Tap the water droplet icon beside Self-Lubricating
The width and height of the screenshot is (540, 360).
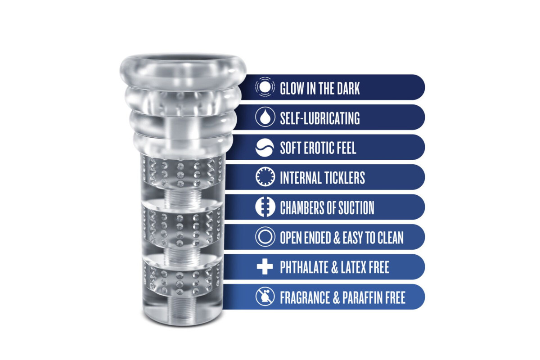[x=265, y=117]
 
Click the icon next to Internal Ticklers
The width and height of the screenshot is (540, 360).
[x=265, y=177]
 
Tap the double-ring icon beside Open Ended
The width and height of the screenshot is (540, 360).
[x=265, y=237]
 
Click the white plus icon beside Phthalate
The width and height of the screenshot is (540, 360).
[x=265, y=267]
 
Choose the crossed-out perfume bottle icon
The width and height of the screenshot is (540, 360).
[x=265, y=297]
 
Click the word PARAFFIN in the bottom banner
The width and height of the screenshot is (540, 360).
[x=362, y=297]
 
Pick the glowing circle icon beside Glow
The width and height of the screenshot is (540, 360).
[x=265, y=87]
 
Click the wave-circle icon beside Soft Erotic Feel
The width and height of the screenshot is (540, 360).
[x=265, y=148]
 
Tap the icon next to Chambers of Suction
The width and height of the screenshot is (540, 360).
[x=265, y=207]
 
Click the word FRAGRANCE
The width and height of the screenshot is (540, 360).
[x=305, y=297]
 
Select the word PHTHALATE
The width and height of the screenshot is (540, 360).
[x=304, y=267]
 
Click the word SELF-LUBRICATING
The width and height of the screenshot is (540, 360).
[x=320, y=118]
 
